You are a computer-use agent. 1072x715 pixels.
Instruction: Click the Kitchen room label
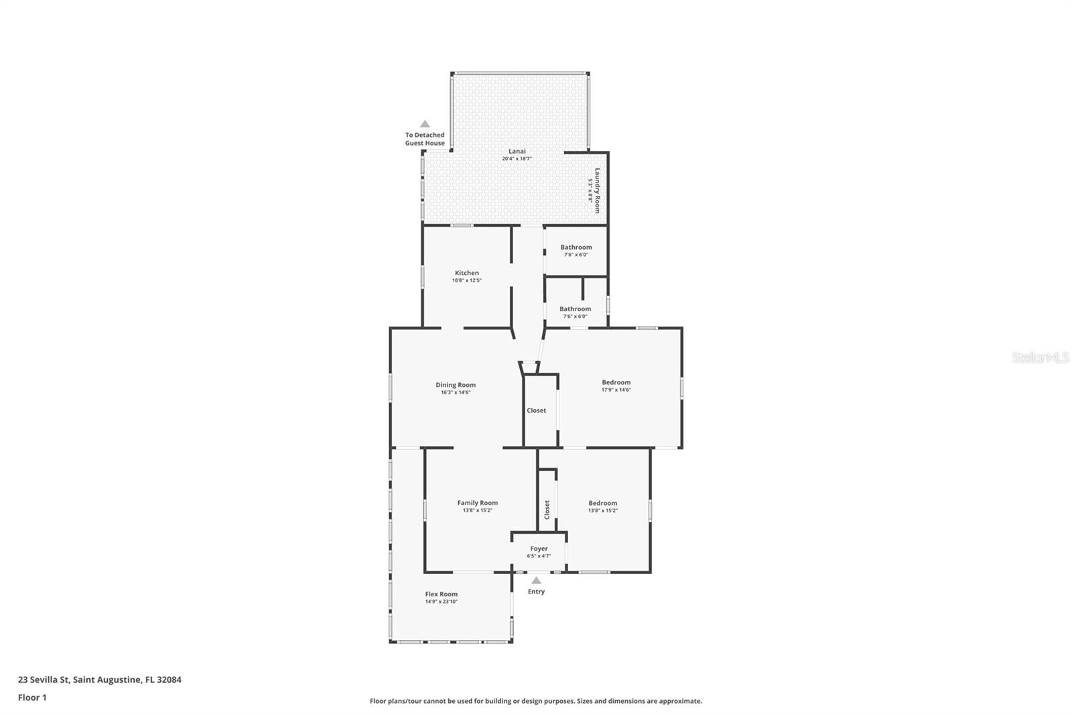click(x=466, y=273)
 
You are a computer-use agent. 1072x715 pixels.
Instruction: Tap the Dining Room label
click(x=456, y=385)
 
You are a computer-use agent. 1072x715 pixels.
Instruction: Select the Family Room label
click(x=477, y=503)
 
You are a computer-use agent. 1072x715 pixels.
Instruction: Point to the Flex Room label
click(x=441, y=594)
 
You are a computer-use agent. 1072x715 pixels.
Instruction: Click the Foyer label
click(x=539, y=549)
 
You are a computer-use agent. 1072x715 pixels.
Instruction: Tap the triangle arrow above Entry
click(x=536, y=580)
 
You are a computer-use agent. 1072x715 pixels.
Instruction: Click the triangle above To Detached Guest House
click(x=425, y=124)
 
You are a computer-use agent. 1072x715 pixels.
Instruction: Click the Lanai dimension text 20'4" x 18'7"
click(x=517, y=159)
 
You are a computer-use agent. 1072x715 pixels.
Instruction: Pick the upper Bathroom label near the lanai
click(x=576, y=248)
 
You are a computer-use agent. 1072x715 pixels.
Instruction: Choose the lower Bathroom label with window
click(x=575, y=309)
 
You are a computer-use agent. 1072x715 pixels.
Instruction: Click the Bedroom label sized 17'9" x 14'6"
click(x=616, y=382)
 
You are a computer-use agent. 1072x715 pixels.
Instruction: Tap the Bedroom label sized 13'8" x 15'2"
click(x=602, y=503)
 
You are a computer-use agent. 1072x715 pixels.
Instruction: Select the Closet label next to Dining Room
click(x=536, y=410)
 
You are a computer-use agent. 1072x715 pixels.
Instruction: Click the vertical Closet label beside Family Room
click(x=547, y=509)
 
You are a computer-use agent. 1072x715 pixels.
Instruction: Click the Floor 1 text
click(x=32, y=698)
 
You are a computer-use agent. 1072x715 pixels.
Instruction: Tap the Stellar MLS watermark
click(x=1040, y=357)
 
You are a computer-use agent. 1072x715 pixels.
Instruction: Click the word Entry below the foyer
click(x=536, y=592)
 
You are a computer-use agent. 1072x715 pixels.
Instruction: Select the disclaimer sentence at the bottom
click(x=536, y=701)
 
